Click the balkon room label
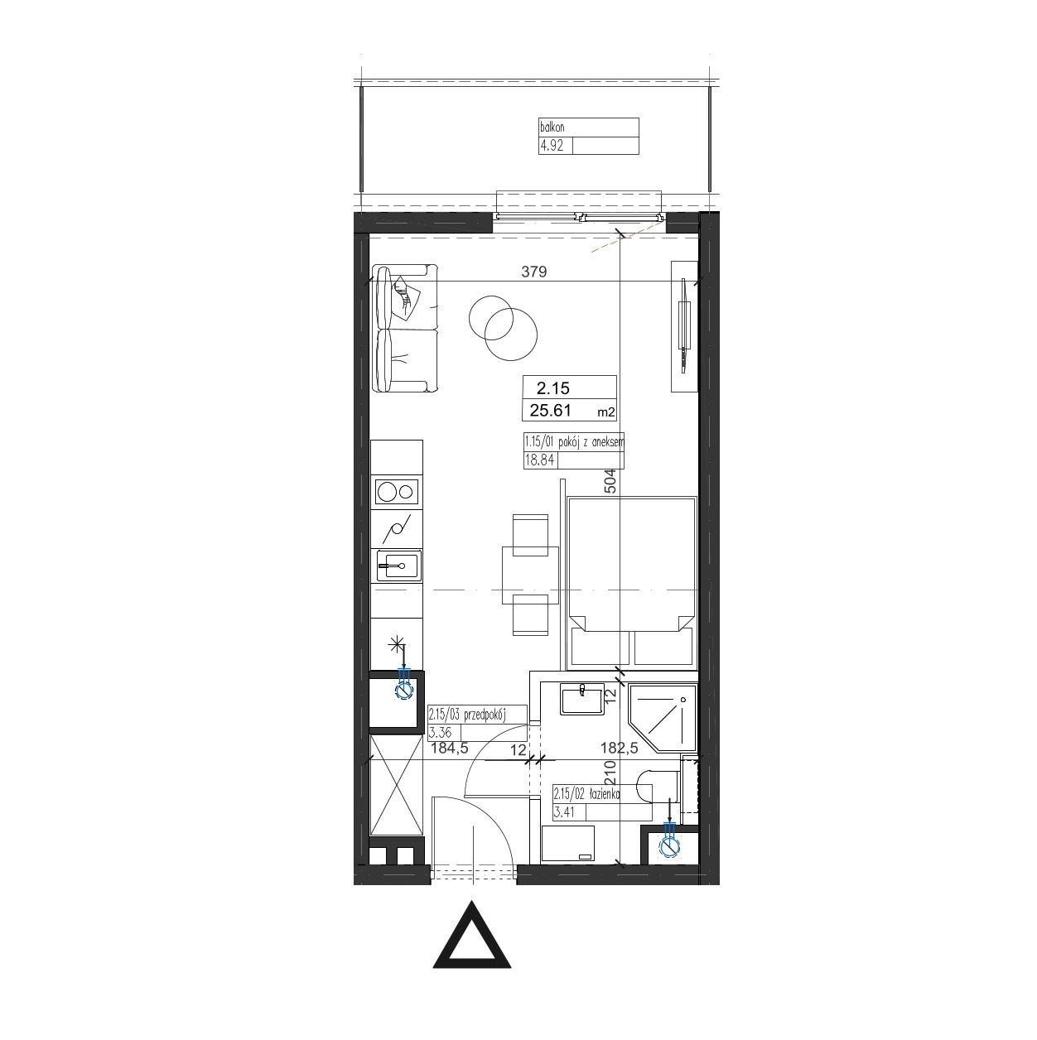coord(552,128)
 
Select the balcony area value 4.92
coord(552,147)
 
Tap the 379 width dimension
coord(533,272)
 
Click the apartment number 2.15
coord(553,388)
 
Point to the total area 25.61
coord(550,411)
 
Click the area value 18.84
coord(539,460)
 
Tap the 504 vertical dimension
coord(610,481)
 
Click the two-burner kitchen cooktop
coord(397,492)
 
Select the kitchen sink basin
coord(398,566)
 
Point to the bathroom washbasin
coord(581,700)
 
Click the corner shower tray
coord(662,719)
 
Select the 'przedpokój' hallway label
coord(483,715)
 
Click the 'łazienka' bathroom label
coord(605,794)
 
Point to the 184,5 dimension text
coord(449,749)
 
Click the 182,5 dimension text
coord(620,748)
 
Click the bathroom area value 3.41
coord(564,811)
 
